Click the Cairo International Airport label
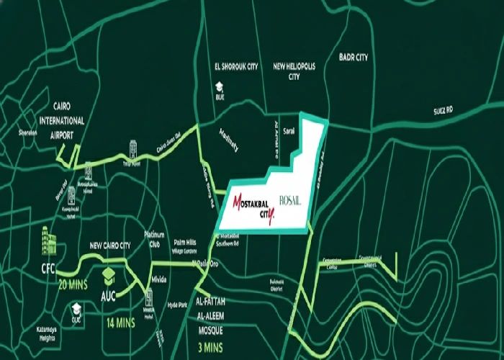pyautogui.click(x=52, y=119)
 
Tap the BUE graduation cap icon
pyautogui.click(x=217, y=86)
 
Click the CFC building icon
pyautogui.click(x=49, y=238)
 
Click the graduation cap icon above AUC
pyautogui.click(x=109, y=276)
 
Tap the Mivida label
pyautogui.click(x=159, y=279)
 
